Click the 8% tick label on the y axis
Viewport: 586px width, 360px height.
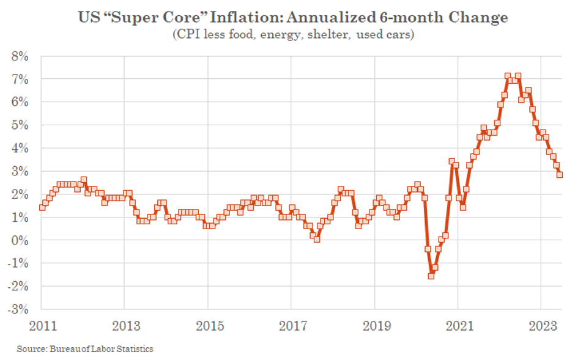(x=20, y=56)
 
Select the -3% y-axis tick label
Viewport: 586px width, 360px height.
(x=18, y=309)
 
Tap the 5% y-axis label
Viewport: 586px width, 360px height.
(x=20, y=125)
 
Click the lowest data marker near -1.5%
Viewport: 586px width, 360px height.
(x=431, y=276)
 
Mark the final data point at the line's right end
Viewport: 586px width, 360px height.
(x=560, y=175)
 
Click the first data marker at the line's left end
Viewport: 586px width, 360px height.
(x=42, y=207)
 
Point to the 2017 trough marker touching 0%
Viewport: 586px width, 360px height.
(x=317, y=240)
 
